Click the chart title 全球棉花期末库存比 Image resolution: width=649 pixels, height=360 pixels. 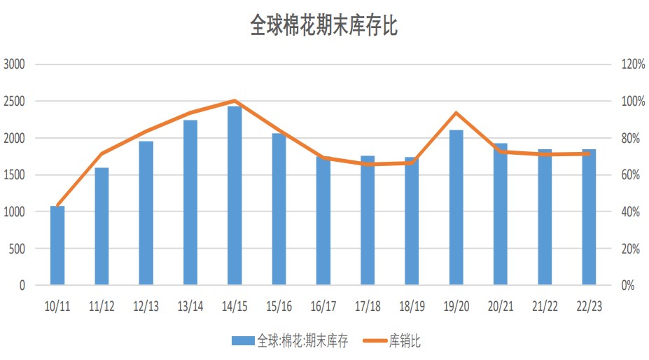pos(324,26)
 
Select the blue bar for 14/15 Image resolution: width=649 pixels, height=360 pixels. pos(235,196)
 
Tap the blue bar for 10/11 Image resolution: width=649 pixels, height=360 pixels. pos(57,246)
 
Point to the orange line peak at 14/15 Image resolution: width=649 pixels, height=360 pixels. pos(235,101)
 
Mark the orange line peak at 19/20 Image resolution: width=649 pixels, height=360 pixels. pos(456,113)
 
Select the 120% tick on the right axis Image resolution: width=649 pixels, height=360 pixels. pos(633,64)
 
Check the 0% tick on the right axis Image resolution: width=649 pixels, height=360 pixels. pos(628,286)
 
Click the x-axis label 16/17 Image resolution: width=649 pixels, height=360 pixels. pos(323,306)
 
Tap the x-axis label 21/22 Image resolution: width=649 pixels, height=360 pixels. pos(545,306)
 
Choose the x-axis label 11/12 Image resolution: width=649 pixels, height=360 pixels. pos(102,306)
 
